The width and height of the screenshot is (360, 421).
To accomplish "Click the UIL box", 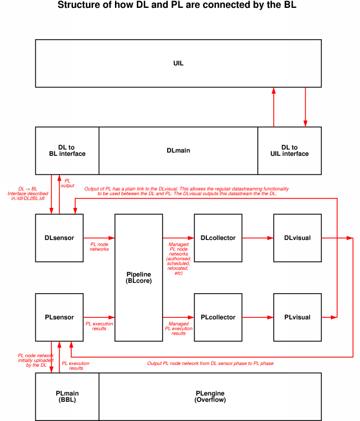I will (178, 63).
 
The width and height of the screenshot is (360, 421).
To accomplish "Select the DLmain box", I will (178, 150).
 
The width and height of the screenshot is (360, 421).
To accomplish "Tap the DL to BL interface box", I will (67, 150).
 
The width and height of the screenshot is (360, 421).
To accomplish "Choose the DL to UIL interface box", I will (289, 150).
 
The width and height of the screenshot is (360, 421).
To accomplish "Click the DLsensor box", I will (59, 238).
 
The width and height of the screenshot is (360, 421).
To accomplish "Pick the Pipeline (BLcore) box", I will (139, 277).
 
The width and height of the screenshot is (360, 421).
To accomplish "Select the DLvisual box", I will (297, 238).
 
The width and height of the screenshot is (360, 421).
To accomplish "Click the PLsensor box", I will (59, 317).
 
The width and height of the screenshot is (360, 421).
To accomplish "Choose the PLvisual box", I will (297, 317).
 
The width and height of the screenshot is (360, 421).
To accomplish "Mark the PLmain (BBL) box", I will (67, 397).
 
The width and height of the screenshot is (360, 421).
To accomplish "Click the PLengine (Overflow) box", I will (210, 397).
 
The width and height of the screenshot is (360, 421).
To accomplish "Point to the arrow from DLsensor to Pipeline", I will (99, 238).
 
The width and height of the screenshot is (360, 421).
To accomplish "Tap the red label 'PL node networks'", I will (99, 247).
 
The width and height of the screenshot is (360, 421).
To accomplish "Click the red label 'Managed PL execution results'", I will (178, 328).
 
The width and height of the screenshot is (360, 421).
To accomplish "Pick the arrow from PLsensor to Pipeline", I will (99, 317).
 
